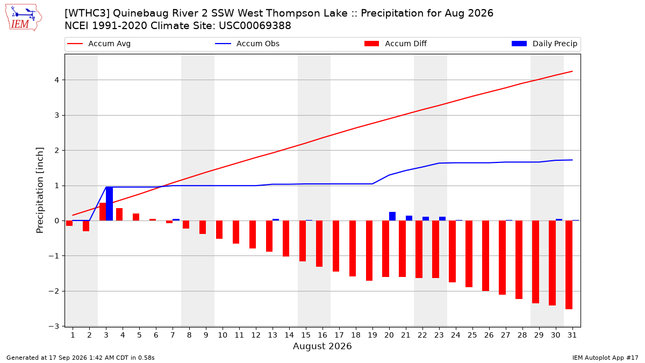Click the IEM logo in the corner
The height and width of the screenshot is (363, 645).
tap(24, 18)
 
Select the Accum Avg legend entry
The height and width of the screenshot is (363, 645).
tap(99, 44)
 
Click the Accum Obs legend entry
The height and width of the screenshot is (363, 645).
tap(247, 44)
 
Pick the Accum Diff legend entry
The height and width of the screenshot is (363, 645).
tap(396, 44)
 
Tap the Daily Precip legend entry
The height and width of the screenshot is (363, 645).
tap(544, 44)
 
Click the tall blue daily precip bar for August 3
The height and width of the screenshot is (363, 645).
tap(110, 204)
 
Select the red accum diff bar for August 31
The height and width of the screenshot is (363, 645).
tap(569, 265)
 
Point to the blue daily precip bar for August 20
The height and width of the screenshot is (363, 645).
tap(392, 216)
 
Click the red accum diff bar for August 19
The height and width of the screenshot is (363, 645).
tap(369, 251)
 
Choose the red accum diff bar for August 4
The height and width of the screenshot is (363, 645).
tap(119, 215)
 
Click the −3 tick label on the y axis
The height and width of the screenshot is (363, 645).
tap(54, 326)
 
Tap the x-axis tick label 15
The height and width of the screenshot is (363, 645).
tap(306, 335)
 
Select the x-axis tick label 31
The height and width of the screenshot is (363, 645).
tap(572, 335)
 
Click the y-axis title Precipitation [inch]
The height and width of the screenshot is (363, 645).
tap(40, 190)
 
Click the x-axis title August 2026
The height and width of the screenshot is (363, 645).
tap(322, 346)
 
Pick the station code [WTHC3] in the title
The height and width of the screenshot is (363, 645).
tap(87, 13)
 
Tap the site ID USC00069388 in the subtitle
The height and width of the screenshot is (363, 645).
tap(255, 26)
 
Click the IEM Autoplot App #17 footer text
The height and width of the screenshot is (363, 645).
tap(605, 358)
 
